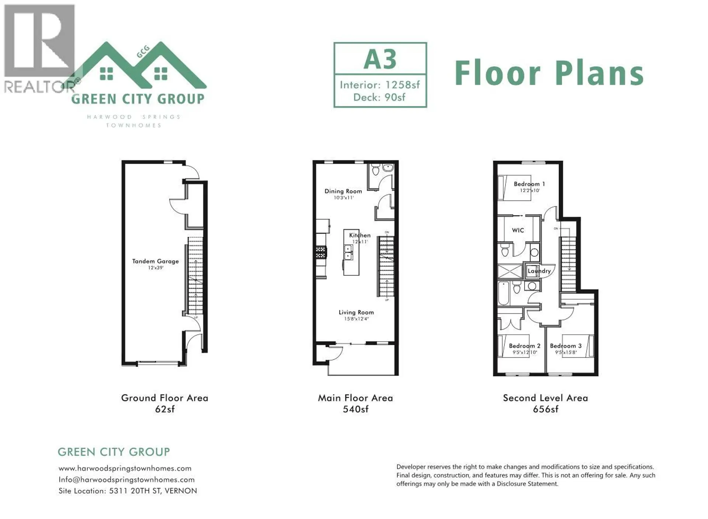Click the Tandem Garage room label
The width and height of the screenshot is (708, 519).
(x=155, y=261)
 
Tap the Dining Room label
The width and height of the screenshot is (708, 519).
(x=343, y=191)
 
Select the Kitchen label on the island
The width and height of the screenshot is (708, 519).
(x=360, y=235)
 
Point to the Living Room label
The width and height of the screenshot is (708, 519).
(x=356, y=312)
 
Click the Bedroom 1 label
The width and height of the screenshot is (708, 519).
(x=529, y=184)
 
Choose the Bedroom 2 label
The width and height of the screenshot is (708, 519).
(x=524, y=346)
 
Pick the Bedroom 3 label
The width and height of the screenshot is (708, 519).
(x=566, y=346)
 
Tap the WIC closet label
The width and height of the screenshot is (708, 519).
(x=518, y=230)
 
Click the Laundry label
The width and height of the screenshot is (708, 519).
(x=539, y=271)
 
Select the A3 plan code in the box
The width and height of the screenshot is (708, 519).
(x=380, y=59)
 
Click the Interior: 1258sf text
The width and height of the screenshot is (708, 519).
(x=380, y=85)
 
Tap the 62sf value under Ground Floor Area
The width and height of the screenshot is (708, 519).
(x=164, y=409)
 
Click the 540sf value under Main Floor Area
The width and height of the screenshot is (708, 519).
(x=355, y=409)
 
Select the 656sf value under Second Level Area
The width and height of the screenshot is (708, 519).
(x=545, y=409)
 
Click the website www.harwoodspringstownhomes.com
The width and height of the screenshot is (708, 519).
(x=125, y=469)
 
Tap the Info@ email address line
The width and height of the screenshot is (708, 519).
(x=126, y=480)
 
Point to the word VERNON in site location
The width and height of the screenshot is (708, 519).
(x=181, y=491)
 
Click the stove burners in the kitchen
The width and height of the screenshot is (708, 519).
(x=321, y=252)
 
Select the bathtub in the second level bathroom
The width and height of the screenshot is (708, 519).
(x=503, y=293)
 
